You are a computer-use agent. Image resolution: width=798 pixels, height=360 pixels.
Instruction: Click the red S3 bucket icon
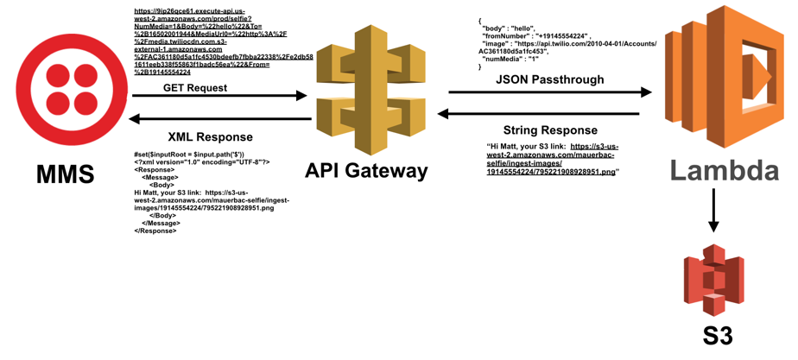[x=713, y=281]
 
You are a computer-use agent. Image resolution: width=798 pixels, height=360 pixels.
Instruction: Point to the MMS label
[x=66, y=174]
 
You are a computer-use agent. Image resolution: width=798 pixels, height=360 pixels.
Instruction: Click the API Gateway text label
[x=366, y=171]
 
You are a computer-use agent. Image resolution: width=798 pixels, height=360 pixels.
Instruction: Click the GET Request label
[x=195, y=87]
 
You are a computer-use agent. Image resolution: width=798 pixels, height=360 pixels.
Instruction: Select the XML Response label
[x=210, y=136]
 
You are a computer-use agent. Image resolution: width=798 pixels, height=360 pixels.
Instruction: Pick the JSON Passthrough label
[x=549, y=79]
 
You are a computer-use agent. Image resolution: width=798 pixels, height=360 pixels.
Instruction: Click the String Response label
[x=550, y=129]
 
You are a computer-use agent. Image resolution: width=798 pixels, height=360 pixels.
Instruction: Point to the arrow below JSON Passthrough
[x=549, y=92]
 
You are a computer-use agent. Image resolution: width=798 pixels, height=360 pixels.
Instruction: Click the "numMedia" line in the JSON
[x=510, y=59]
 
